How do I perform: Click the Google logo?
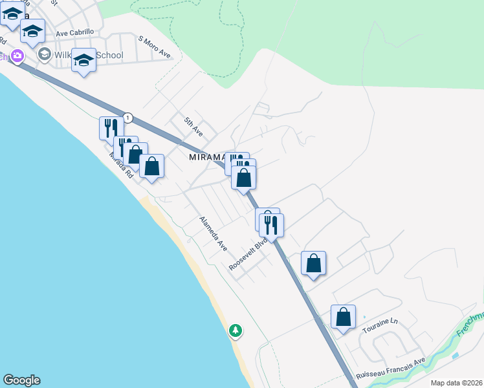21,380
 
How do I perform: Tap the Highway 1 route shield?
129,118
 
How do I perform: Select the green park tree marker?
236,330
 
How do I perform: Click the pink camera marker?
16,56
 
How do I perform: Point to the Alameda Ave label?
214,233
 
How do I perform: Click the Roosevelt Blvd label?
248,256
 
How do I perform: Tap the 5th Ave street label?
193,125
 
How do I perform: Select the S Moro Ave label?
155,47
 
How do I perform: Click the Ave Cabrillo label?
74,32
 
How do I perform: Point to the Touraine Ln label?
380,321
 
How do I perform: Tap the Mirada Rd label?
120,166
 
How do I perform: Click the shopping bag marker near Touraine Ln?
343,317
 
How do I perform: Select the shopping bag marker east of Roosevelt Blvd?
313,263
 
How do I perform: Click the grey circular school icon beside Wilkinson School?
45,54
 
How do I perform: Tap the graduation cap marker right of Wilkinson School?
83,61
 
